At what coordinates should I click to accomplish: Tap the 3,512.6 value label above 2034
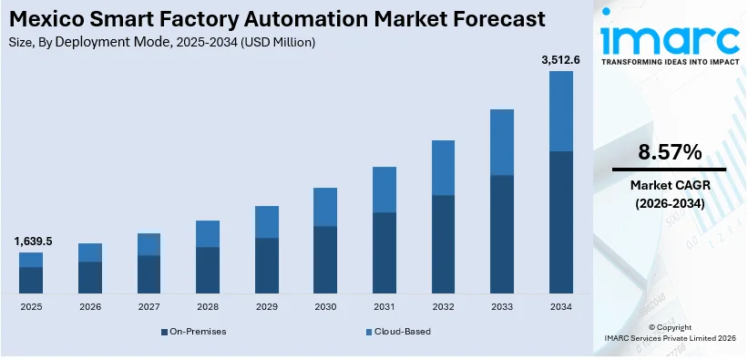point(560,61)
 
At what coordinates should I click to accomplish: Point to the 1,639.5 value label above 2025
point(33,242)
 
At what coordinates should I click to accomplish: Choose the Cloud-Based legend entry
point(397,331)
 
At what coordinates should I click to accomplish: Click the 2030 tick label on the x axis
point(325,308)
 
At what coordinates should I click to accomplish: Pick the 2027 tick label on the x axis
point(149,308)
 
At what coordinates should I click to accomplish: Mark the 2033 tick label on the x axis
point(502,308)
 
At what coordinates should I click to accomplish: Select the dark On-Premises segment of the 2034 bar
point(561,222)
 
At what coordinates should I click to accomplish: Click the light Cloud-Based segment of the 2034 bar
point(561,110)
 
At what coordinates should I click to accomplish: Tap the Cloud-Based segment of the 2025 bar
point(31,260)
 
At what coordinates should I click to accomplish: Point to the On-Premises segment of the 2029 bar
point(266,265)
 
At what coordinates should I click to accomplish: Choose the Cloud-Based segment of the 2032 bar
point(443,168)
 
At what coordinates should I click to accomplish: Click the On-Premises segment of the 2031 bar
point(384,252)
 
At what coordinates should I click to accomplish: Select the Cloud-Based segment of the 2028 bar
point(208,233)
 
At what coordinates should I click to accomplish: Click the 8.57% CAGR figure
point(669,152)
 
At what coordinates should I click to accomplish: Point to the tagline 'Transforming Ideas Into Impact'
point(670,63)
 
